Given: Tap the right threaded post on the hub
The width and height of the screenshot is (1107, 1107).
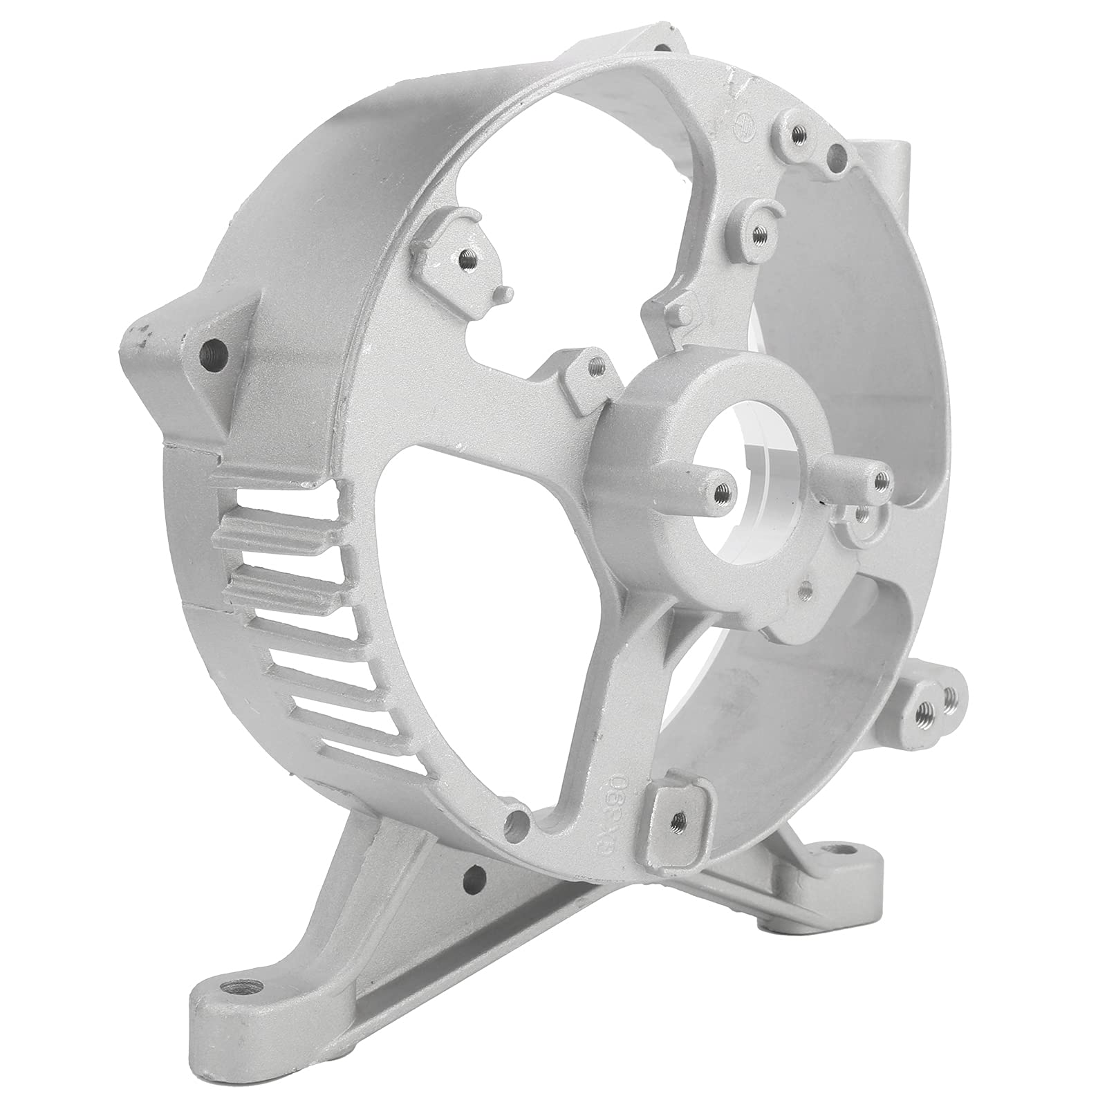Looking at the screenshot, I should (880, 477).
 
